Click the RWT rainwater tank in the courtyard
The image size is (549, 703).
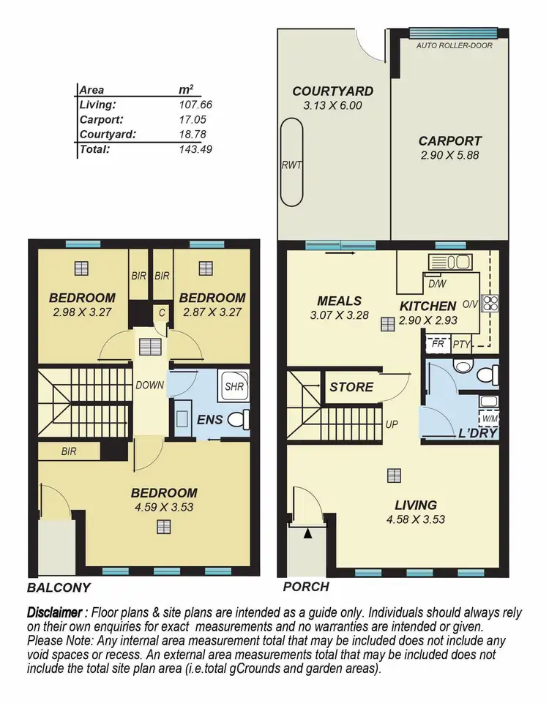[x=292, y=165]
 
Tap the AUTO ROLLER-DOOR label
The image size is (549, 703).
[x=454, y=45]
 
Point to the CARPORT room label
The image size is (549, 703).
[x=449, y=141]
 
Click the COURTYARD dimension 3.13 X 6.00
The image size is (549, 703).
[x=332, y=105]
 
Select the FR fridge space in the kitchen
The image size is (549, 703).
[x=438, y=342]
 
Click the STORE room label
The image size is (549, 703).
[x=351, y=387]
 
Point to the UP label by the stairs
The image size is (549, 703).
[x=391, y=424]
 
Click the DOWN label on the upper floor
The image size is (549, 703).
[x=149, y=386]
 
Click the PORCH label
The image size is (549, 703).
[x=305, y=587]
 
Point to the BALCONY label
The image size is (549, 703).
[x=59, y=587]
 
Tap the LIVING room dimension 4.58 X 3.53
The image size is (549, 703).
[x=415, y=519]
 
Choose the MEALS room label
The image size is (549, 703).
[x=339, y=301]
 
